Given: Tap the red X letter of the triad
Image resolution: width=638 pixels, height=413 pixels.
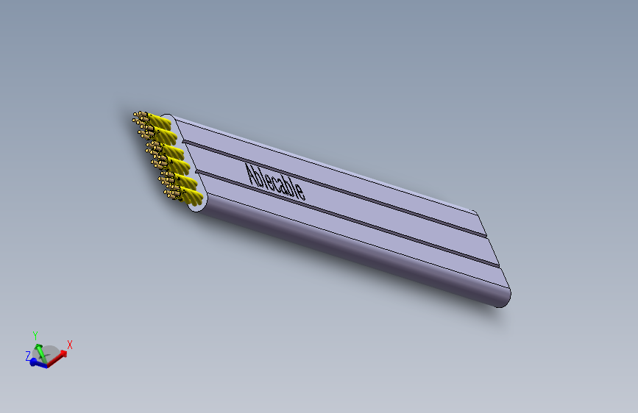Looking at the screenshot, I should point(70,344).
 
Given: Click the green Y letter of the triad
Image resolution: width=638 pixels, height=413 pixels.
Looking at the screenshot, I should point(35,336).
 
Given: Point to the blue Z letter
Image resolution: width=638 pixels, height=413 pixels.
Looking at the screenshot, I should point(28,356).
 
